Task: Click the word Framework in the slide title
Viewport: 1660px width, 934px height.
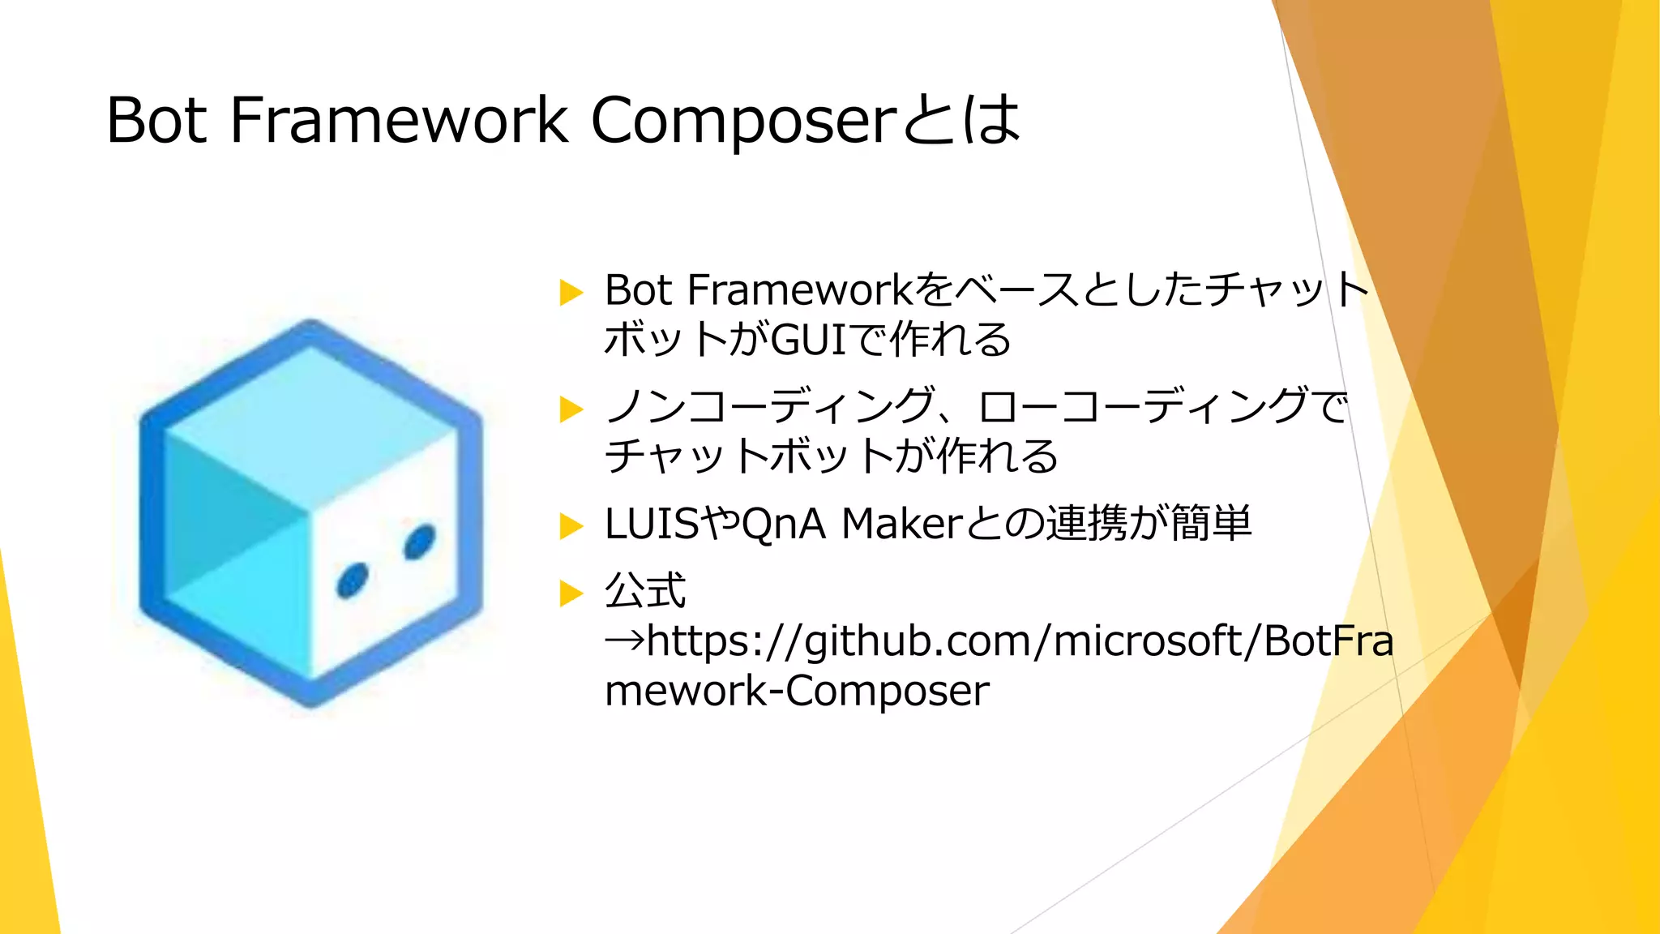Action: click(x=398, y=120)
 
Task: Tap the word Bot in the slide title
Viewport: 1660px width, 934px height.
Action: click(x=156, y=120)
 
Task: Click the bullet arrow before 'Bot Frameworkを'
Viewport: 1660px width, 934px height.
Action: click(x=571, y=292)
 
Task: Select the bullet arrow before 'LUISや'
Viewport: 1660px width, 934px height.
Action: click(x=571, y=526)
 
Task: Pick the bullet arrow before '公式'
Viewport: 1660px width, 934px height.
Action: click(x=571, y=593)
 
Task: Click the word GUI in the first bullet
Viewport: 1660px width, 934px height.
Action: click(x=810, y=340)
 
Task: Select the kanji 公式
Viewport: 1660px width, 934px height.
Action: click(x=645, y=590)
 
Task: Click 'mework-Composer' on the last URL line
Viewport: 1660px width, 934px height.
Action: click(x=797, y=691)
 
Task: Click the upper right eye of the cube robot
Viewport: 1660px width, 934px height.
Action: click(x=420, y=542)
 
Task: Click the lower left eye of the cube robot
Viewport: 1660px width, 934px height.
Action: click(x=353, y=581)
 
